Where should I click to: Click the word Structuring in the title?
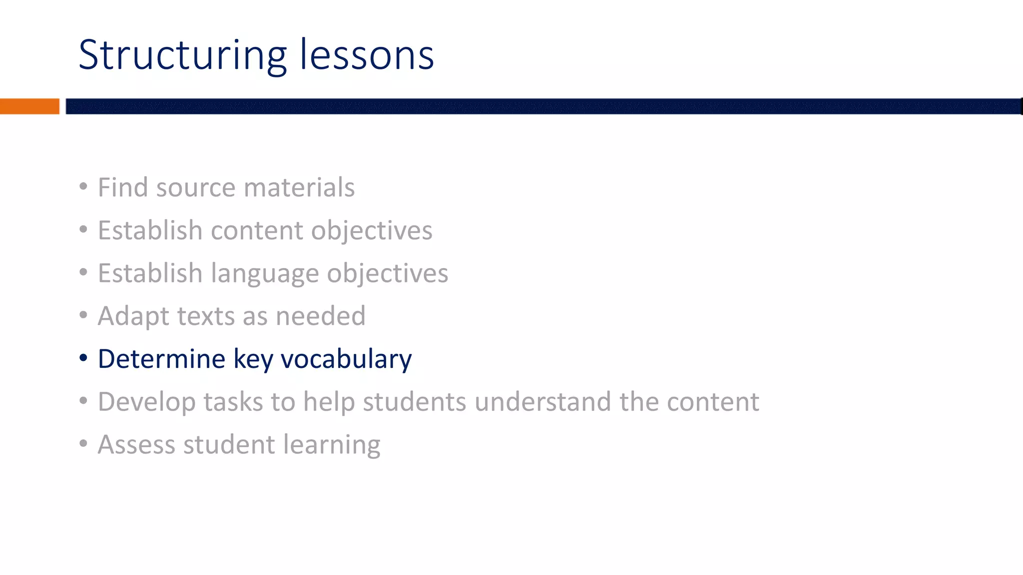coord(182,55)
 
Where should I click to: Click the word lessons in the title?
coord(367,55)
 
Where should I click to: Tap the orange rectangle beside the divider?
coord(29,106)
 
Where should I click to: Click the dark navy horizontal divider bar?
coord(543,106)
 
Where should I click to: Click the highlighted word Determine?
coord(161,359)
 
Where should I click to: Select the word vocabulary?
coord(346,359)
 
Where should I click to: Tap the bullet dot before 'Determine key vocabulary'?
coord(83,358)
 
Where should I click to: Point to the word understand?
coord(542,402)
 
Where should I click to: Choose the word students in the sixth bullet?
coord(414,402)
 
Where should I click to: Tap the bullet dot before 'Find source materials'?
coord(83,187)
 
